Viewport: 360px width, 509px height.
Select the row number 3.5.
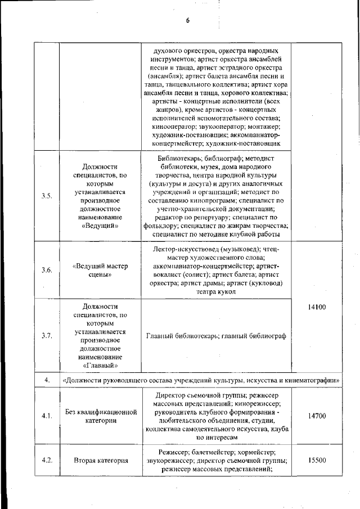[x=47, y=196]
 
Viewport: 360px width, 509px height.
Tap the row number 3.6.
[x=47, y=270]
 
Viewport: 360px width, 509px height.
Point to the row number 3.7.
[x=47, y=336]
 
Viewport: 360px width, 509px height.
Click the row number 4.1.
[x=47, y=416]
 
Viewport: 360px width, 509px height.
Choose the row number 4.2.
[x=47, y=460]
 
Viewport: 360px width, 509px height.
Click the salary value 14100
[x=317, y=308]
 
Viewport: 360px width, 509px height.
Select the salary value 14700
[x=317, y=416]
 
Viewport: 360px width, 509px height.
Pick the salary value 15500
[x=317, y=460]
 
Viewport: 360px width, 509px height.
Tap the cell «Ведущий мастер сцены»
[x=101, y=270]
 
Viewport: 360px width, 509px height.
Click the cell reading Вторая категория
[x=101, y=460]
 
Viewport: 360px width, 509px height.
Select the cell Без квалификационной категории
[x=101, y=416]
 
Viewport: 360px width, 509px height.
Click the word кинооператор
[x=172, y=127]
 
